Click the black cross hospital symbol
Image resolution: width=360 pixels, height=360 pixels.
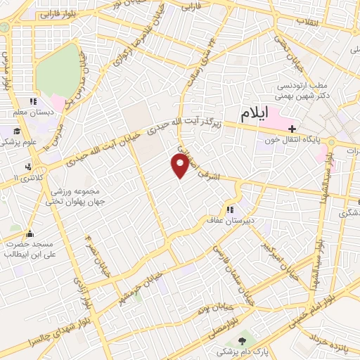coord(293,129)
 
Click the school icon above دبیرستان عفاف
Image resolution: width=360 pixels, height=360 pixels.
coord(229,209)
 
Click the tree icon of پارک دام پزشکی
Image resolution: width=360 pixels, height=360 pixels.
coord(243,340)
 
